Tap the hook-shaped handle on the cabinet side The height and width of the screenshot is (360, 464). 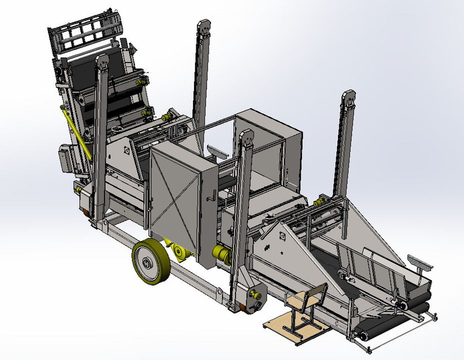pyautogui.click(x=213, y=194)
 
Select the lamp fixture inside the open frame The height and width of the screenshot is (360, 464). pyautogui.click(x=216, y=150)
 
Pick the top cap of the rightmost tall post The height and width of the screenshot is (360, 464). pyautogui.click(x=348, y=97)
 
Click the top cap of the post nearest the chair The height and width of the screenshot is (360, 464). pyautogui.click(x=245, y=137)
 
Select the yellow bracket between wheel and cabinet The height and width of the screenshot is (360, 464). pyautogui.click(x=178, y=252)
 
